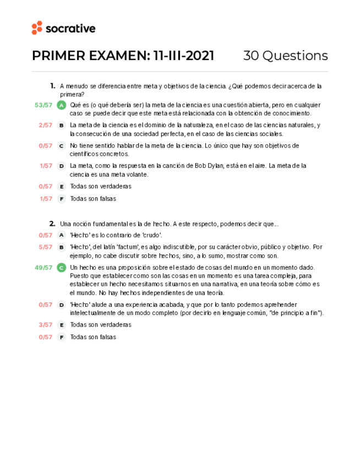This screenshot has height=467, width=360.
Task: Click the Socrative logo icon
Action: point(37,28)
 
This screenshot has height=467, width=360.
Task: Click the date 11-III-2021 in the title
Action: point(184,56)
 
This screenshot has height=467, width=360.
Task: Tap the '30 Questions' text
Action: point(285,56)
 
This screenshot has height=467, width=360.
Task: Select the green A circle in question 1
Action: point(62,105)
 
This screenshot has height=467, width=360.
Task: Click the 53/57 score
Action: point(43,105)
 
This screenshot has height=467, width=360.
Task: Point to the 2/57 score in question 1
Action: point(46,125)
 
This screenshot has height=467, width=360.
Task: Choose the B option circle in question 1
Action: point(62,125)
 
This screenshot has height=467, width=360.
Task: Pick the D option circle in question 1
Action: point(62,166)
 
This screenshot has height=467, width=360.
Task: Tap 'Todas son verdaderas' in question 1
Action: point(100,187)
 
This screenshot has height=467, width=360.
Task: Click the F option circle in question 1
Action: point(62,199)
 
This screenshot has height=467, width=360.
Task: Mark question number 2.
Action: point(52,224)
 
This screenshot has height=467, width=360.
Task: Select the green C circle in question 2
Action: point(62,268)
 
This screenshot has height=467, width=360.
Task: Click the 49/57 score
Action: point(43,268)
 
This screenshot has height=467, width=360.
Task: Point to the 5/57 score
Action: point(46,247)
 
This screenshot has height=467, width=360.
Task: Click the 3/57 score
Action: point(46,325)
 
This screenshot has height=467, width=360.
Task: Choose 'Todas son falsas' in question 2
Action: point(93,337)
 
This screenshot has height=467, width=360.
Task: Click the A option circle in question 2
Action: point(62,235)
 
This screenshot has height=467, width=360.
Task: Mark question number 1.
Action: point(53,86)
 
